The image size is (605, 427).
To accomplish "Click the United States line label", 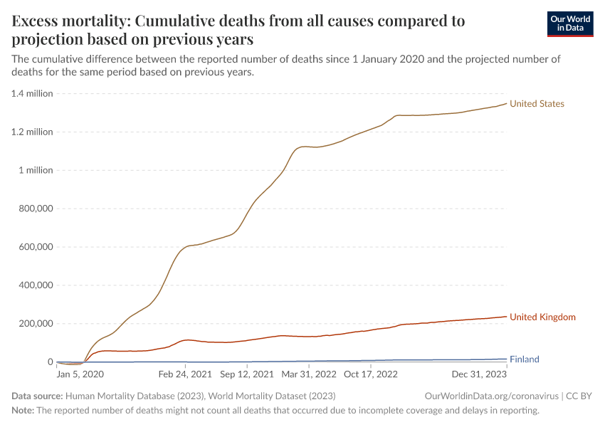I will pos(537,104).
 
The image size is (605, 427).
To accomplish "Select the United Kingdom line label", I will pos(542,317).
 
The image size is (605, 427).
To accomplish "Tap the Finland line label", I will pos(524,359).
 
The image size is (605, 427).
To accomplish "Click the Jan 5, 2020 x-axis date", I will pos(80,374).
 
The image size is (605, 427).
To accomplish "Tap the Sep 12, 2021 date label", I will pos(246,374).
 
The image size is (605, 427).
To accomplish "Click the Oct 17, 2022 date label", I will pos(371,374).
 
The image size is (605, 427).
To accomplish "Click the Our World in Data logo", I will pos(569,23).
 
